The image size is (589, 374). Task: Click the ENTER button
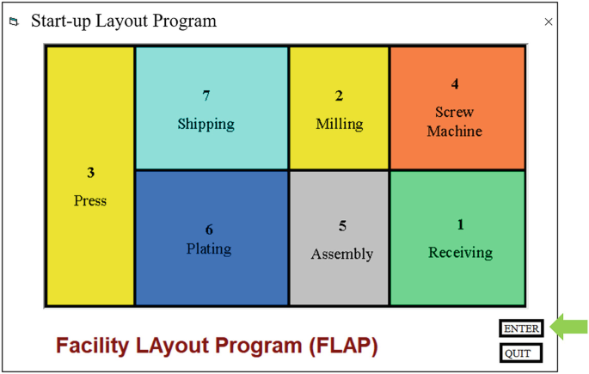[521, 328]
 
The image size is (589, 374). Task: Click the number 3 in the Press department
[90, 173]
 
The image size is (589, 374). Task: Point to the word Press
[90, 200]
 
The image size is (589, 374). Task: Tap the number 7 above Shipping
[206, 95]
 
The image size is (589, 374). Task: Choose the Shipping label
[206, 124]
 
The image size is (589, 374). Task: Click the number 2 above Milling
[339, 95]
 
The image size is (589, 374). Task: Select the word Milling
[339, 124]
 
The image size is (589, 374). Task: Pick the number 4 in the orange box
[455, 84]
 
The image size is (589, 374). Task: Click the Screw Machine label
[455, 121]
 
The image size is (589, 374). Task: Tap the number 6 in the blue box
[209, 230]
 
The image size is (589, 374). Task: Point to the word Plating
[209, 248]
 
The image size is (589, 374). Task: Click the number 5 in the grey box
[342, 226]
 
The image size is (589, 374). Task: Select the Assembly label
[342, 254]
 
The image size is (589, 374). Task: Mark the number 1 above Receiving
[460, 224]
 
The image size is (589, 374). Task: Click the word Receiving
[460, 252]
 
